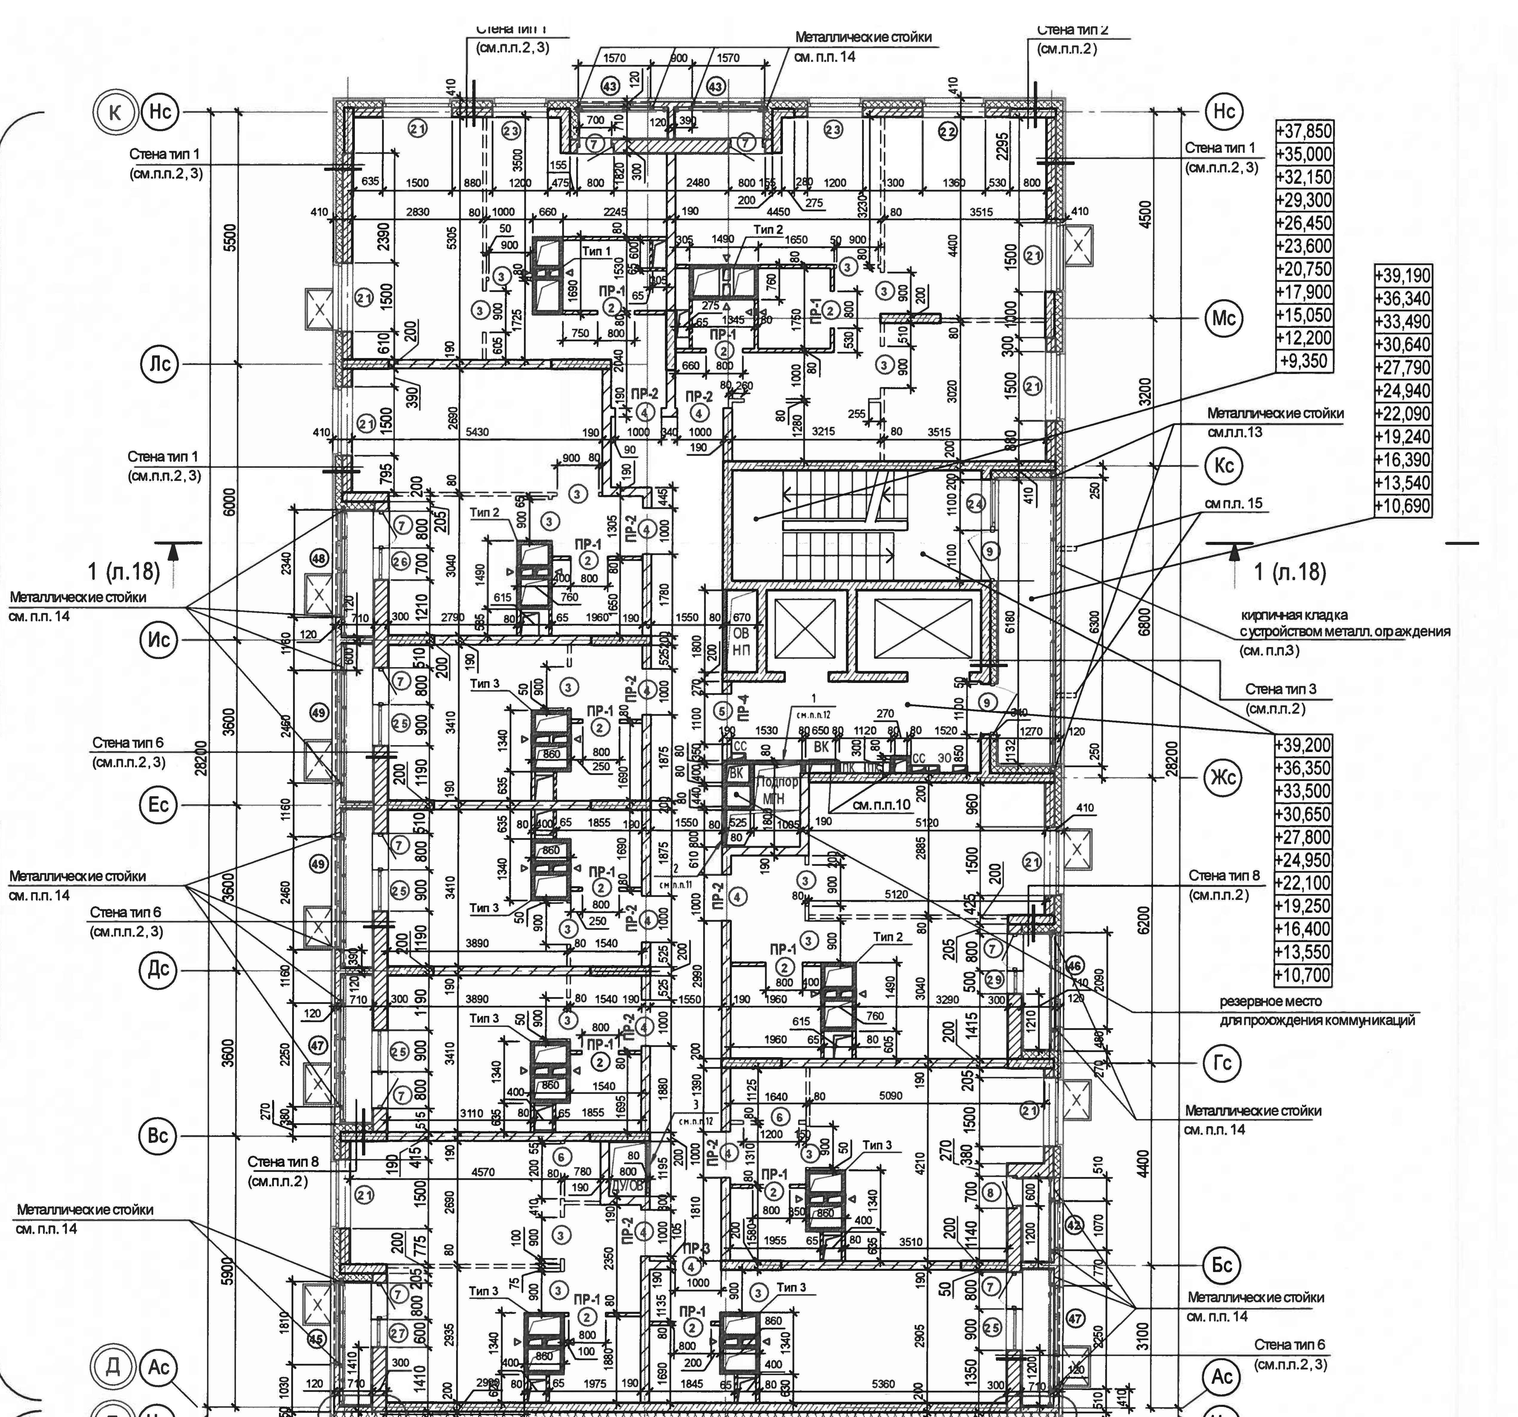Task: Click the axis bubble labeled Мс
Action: point(1224,319)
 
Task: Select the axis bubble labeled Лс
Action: point(159,364)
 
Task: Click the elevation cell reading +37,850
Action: point(1304,131)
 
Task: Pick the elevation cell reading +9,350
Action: point(1304,360)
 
